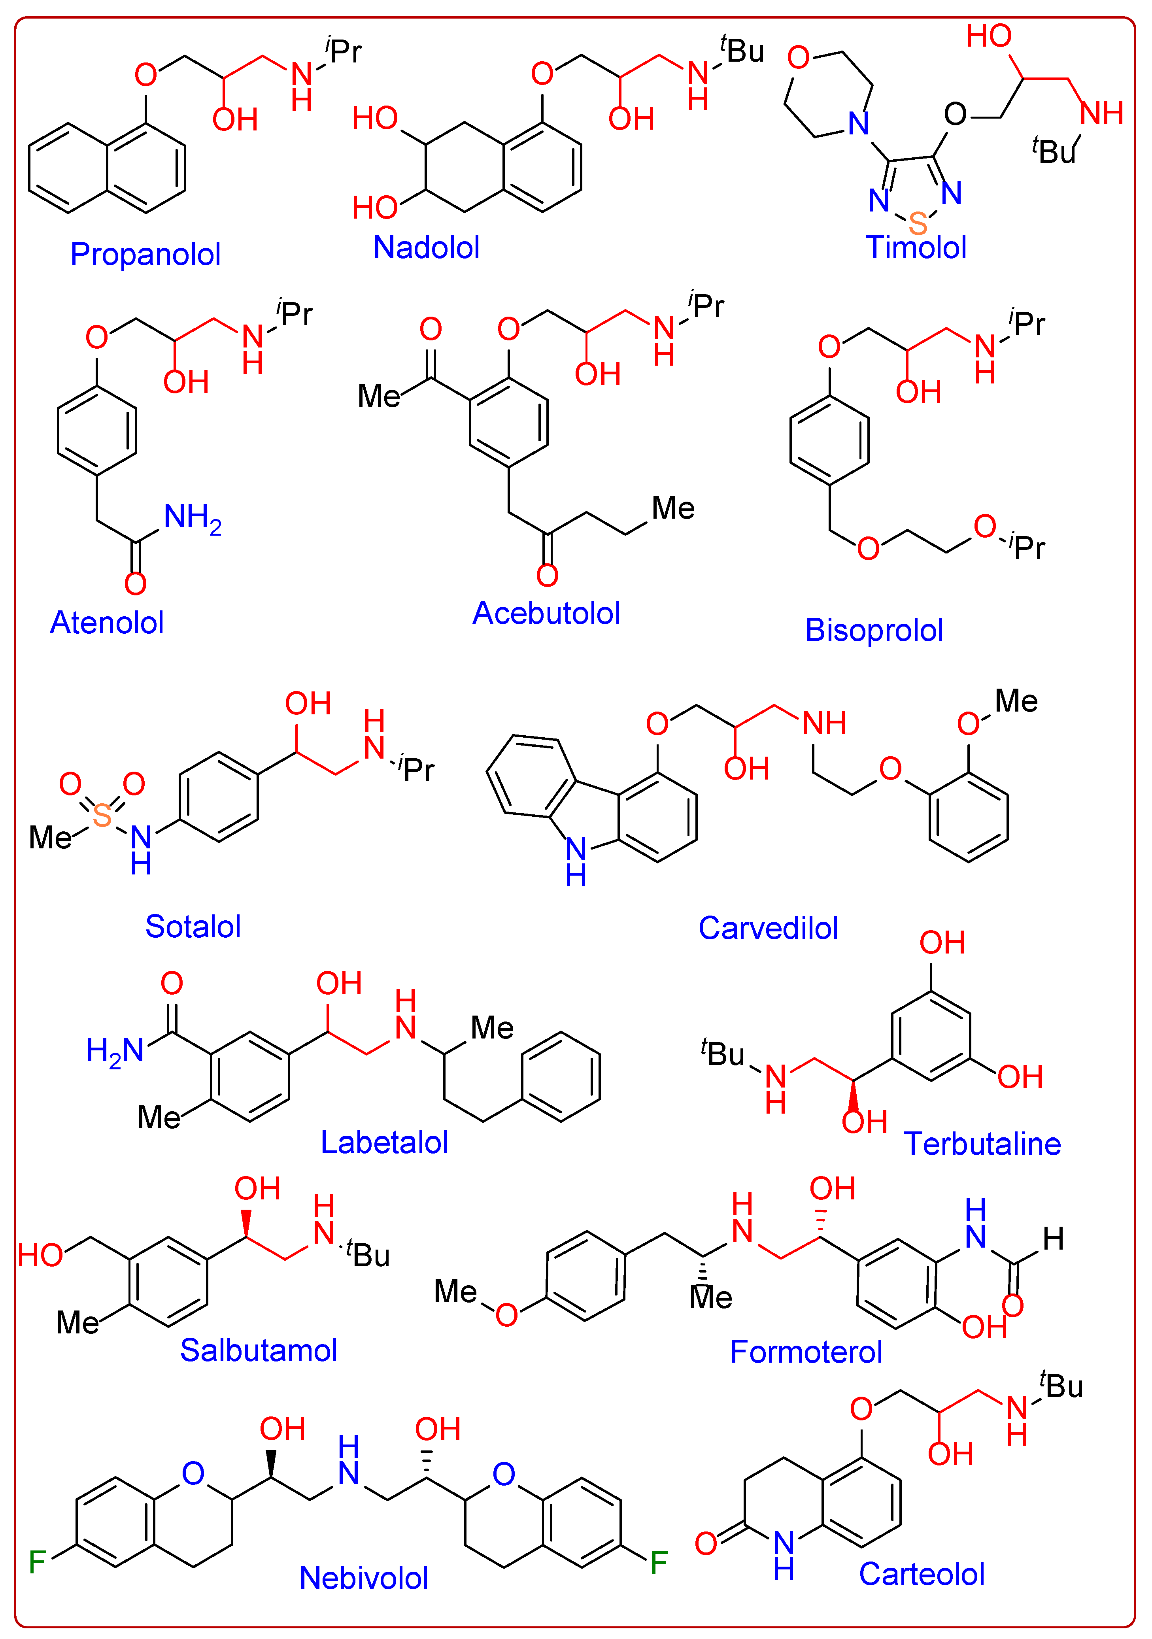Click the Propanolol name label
(145, 254)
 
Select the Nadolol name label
(426, 248)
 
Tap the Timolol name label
(916, 248)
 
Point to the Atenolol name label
(107, 623)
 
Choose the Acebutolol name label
(546, 613)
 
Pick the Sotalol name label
(193, 927)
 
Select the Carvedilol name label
(768, 928)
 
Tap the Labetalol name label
(384, 1142)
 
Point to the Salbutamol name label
(259, 1350)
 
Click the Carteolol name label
(922, 1574)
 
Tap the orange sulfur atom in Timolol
(918, 223)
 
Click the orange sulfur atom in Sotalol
(102, 815)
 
